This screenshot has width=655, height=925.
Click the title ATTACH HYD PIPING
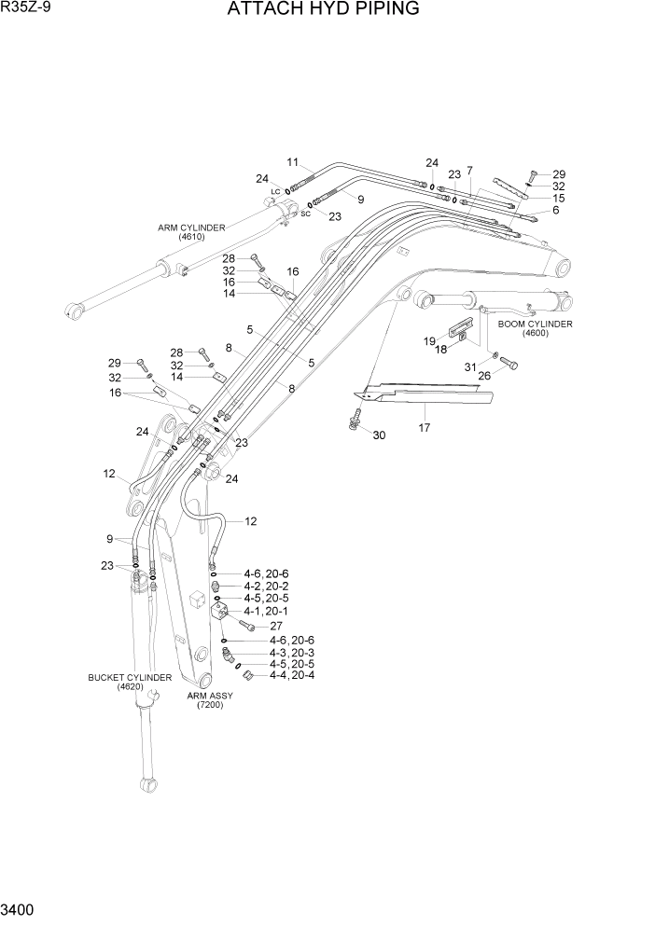[323, 9]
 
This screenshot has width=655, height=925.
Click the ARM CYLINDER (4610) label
[190, 232]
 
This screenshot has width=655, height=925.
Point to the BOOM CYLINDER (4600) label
[535, 328]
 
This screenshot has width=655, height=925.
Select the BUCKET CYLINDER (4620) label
[130, 682]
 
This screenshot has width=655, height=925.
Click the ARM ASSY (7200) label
[209, 700]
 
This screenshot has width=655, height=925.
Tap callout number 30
[379, 435]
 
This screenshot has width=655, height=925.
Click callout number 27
[276, 626]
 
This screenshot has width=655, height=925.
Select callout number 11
[292, 161]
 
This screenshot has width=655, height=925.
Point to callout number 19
[429, 341]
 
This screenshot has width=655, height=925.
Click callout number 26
[484, 376]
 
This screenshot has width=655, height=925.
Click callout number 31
[471, 366]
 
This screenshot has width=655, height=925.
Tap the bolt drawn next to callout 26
[509, 365]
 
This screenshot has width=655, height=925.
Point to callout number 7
[469, 170]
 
